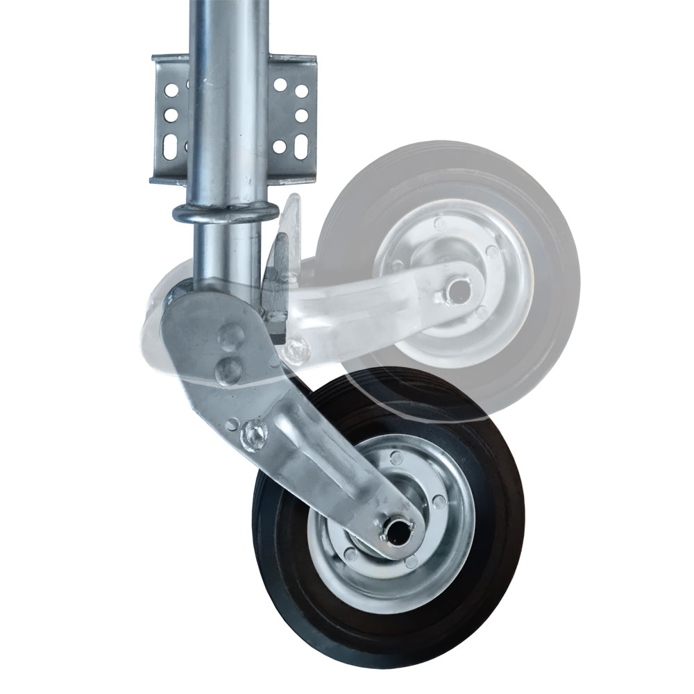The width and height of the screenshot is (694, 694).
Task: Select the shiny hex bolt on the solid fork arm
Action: [252, 435]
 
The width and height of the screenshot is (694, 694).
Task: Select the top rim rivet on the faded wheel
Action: [439, 223]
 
